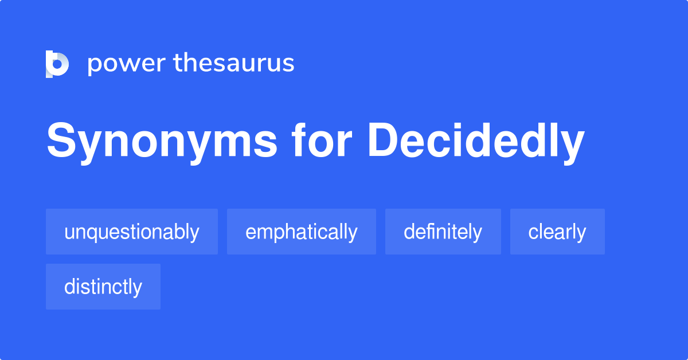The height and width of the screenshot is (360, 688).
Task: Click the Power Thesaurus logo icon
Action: pos(57,64)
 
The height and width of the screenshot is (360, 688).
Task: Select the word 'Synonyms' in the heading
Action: pos(162,142)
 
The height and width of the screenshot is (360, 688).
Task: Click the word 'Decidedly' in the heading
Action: pos(475,142)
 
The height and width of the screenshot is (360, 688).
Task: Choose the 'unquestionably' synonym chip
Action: pos(132,232)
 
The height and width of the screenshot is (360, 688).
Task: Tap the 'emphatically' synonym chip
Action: pos(302,232)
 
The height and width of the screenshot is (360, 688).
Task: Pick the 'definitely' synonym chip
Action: pos(443,232)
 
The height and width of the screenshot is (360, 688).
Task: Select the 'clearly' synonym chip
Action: pos(557,232)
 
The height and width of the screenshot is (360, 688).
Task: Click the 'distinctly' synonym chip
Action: pos(103,287)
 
